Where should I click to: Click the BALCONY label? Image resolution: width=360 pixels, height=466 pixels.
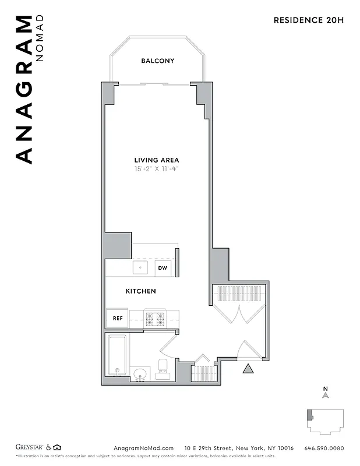point(157,61)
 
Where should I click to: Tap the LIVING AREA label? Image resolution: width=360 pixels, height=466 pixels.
point(157,160)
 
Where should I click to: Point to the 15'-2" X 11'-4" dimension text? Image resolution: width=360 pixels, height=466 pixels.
point(157,170)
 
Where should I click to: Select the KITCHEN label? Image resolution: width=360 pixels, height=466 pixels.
point(141,291)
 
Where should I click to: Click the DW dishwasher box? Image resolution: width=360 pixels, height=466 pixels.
point(163,269)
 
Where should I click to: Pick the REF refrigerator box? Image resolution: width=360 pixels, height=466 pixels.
point(117,318)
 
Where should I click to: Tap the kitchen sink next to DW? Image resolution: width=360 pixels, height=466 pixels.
point(140,268)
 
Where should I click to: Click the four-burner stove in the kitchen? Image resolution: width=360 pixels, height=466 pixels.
point(156,319)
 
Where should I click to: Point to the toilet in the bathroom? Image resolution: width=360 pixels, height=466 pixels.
point(163,366)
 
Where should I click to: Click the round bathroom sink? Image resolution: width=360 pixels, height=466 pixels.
point(140,373)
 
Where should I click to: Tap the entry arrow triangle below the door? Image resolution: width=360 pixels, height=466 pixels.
point(248,368)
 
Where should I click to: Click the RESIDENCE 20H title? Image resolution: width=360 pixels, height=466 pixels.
point(309,20)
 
